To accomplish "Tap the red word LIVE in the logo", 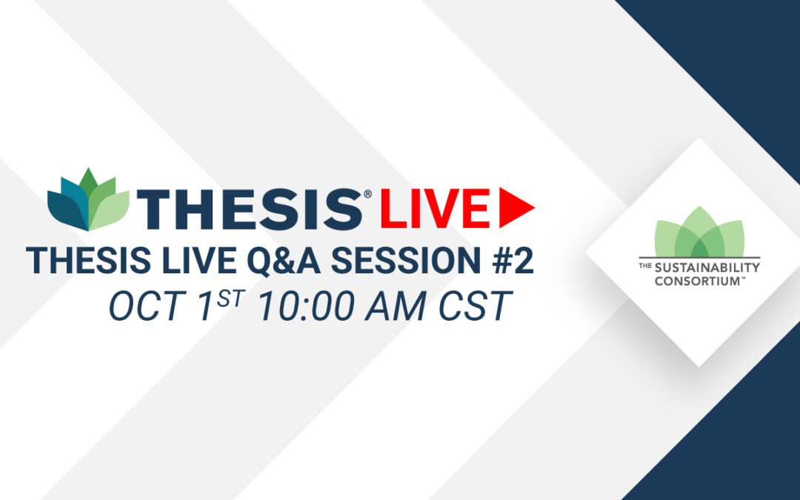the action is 435,208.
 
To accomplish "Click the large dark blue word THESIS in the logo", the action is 250,209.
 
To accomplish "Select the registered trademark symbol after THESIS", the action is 367,194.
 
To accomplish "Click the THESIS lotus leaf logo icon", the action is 88,199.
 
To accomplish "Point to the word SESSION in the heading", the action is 406,260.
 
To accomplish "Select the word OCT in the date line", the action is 144,306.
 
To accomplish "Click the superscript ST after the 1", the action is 232,298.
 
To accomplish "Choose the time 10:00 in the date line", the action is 307,306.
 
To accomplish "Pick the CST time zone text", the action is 475,306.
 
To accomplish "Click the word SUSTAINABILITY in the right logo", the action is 707,268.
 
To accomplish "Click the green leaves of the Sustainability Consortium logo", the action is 699,232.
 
